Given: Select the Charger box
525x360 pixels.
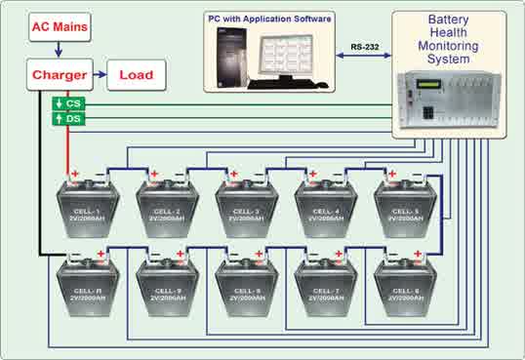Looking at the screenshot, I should pos(60,73).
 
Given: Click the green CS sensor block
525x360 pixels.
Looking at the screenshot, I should pos(66,102).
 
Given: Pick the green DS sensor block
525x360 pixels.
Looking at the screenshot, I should pos(66,118).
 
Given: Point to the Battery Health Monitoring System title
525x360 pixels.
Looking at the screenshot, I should pos(453,38).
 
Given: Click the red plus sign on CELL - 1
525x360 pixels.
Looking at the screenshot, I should pos(73,174).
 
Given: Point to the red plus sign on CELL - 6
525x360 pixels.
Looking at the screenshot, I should pos(419,255).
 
